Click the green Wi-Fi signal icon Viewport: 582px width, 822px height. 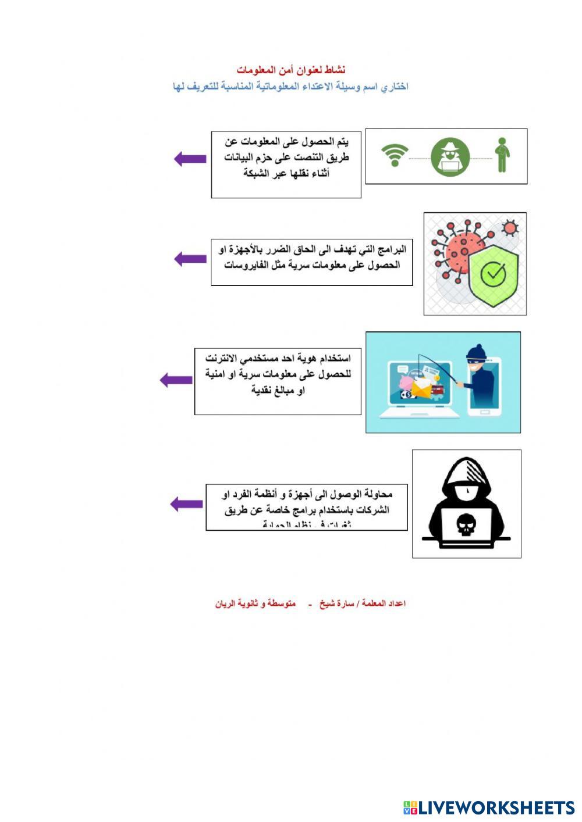tap(395, 156)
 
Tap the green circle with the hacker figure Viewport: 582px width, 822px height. tap(450, 157)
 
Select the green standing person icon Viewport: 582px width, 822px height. tap(502, 155)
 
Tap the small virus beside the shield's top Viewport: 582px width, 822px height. tap(510, 227)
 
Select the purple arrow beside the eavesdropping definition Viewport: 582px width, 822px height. tap(190, 159)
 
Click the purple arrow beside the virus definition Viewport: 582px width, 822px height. tap(190, 259)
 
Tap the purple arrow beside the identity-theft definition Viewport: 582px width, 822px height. tap(176, 380)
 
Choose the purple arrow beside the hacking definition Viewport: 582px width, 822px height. tap(186, 504)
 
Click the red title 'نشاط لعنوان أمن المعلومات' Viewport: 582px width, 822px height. tap(291, 70)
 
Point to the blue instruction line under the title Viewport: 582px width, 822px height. tap(291, 87)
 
